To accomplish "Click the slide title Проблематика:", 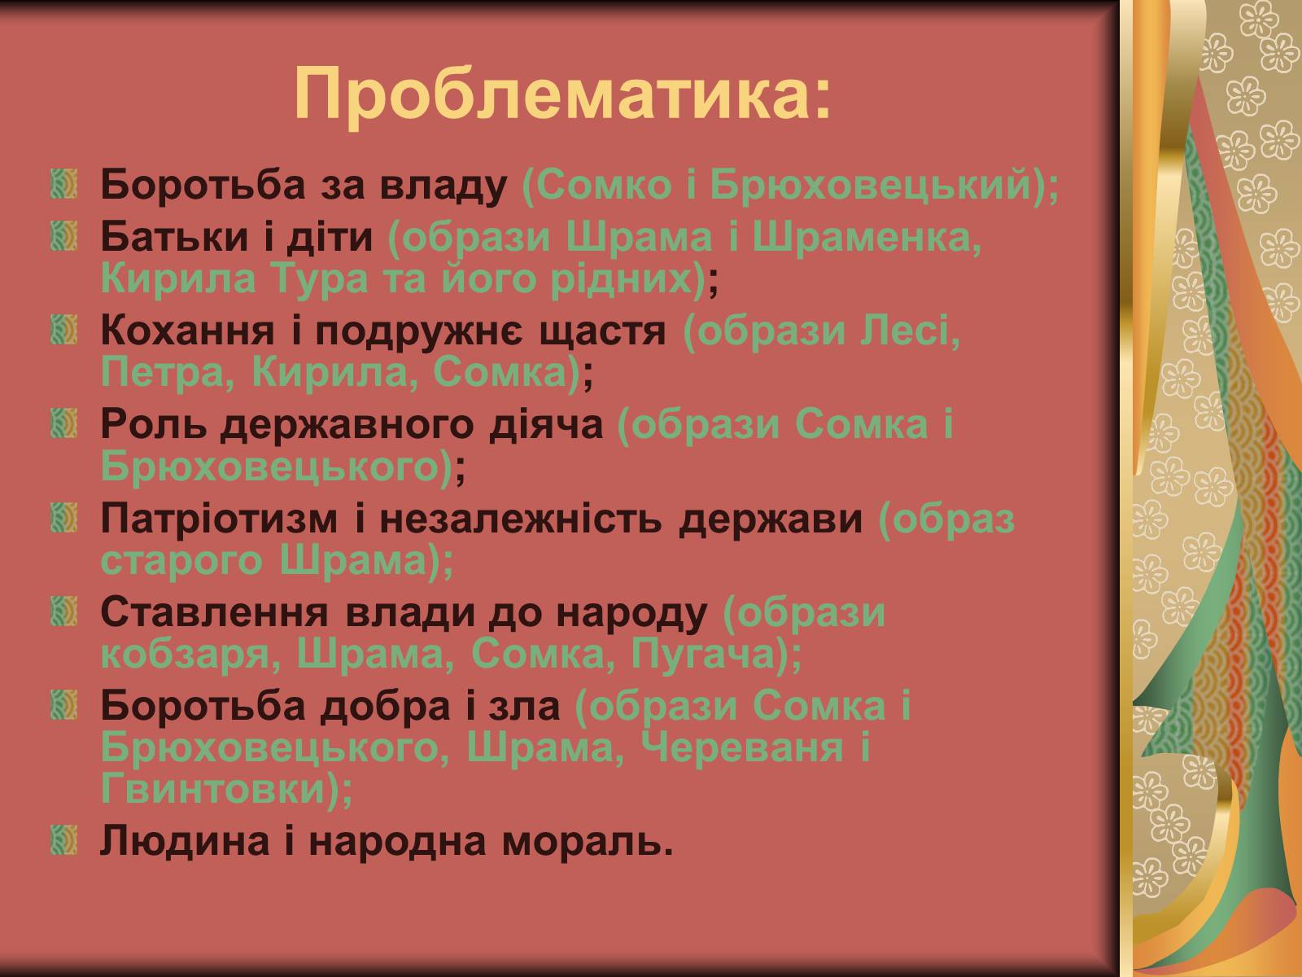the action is tap(562, 95).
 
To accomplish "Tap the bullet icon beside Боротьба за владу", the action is tap(64, 184).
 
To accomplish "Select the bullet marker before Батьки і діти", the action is tap(64, 236).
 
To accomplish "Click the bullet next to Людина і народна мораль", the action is tap(64, 840).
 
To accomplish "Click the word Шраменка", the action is tap(867, 237).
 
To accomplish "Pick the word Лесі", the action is tap(910, 331).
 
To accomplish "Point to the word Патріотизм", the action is tap(219, 519).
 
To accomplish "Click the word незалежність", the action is tap(520, 519).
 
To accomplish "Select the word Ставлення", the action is tap(214, 612).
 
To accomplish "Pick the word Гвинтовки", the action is tap(214, 790).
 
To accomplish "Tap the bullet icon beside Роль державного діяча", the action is tap(64, 424).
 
